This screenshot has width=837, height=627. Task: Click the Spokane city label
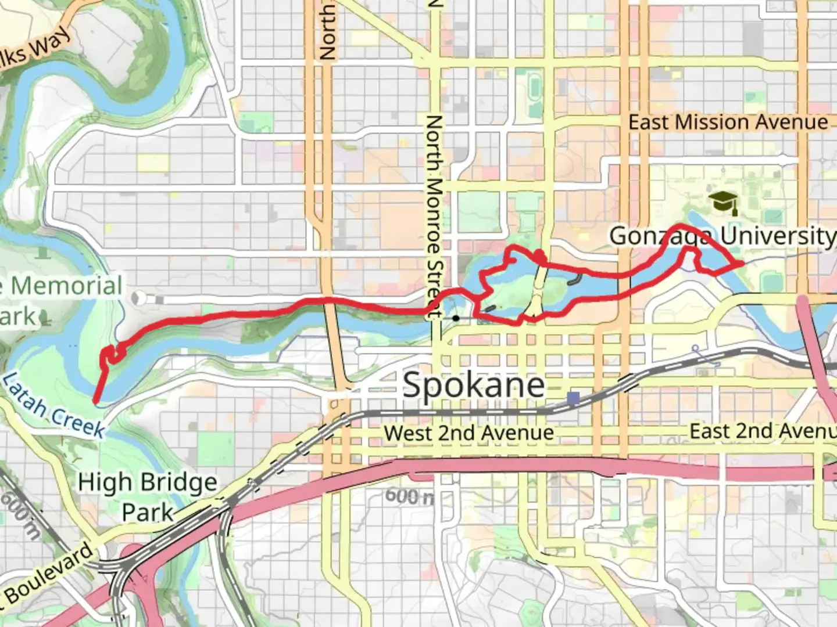tap(473, 384)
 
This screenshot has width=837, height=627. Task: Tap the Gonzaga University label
tap(721, 236)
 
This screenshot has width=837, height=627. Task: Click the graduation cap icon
tap(723, 202)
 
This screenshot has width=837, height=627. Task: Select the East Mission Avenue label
tap(728, 122)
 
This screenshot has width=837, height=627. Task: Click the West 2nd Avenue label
tap(468, 433)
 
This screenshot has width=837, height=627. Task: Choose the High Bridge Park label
tap(148, 497)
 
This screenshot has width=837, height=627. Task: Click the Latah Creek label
tap(54, 406)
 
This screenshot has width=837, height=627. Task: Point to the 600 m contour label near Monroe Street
tap(409, 496)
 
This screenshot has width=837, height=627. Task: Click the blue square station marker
tap(574, 398)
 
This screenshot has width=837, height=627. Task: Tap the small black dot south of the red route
tap(456, 318)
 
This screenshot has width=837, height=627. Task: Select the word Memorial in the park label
tap(67, 286)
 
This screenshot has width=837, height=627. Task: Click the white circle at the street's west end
tap(138, 298)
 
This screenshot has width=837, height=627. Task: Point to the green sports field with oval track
tap(534, 85)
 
